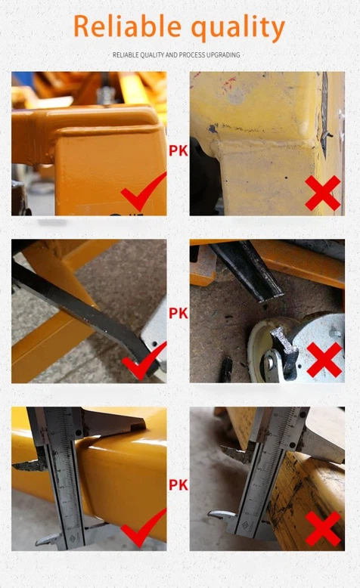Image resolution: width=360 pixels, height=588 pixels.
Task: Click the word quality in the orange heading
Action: [237, 29]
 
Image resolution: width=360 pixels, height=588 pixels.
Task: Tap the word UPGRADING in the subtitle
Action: [225, 55]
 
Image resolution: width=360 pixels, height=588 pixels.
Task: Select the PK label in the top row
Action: [178, 150]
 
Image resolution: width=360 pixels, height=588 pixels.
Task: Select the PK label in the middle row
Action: [178, 313]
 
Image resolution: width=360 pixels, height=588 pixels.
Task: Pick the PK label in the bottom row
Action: [178, 484]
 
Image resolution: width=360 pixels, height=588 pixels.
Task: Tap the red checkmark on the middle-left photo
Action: [143, 361]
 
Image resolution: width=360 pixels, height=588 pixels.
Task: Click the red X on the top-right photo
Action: [323, 193]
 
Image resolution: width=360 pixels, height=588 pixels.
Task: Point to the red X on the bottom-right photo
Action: [323, 528]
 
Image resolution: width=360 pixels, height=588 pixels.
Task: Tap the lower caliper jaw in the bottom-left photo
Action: [49, 538]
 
